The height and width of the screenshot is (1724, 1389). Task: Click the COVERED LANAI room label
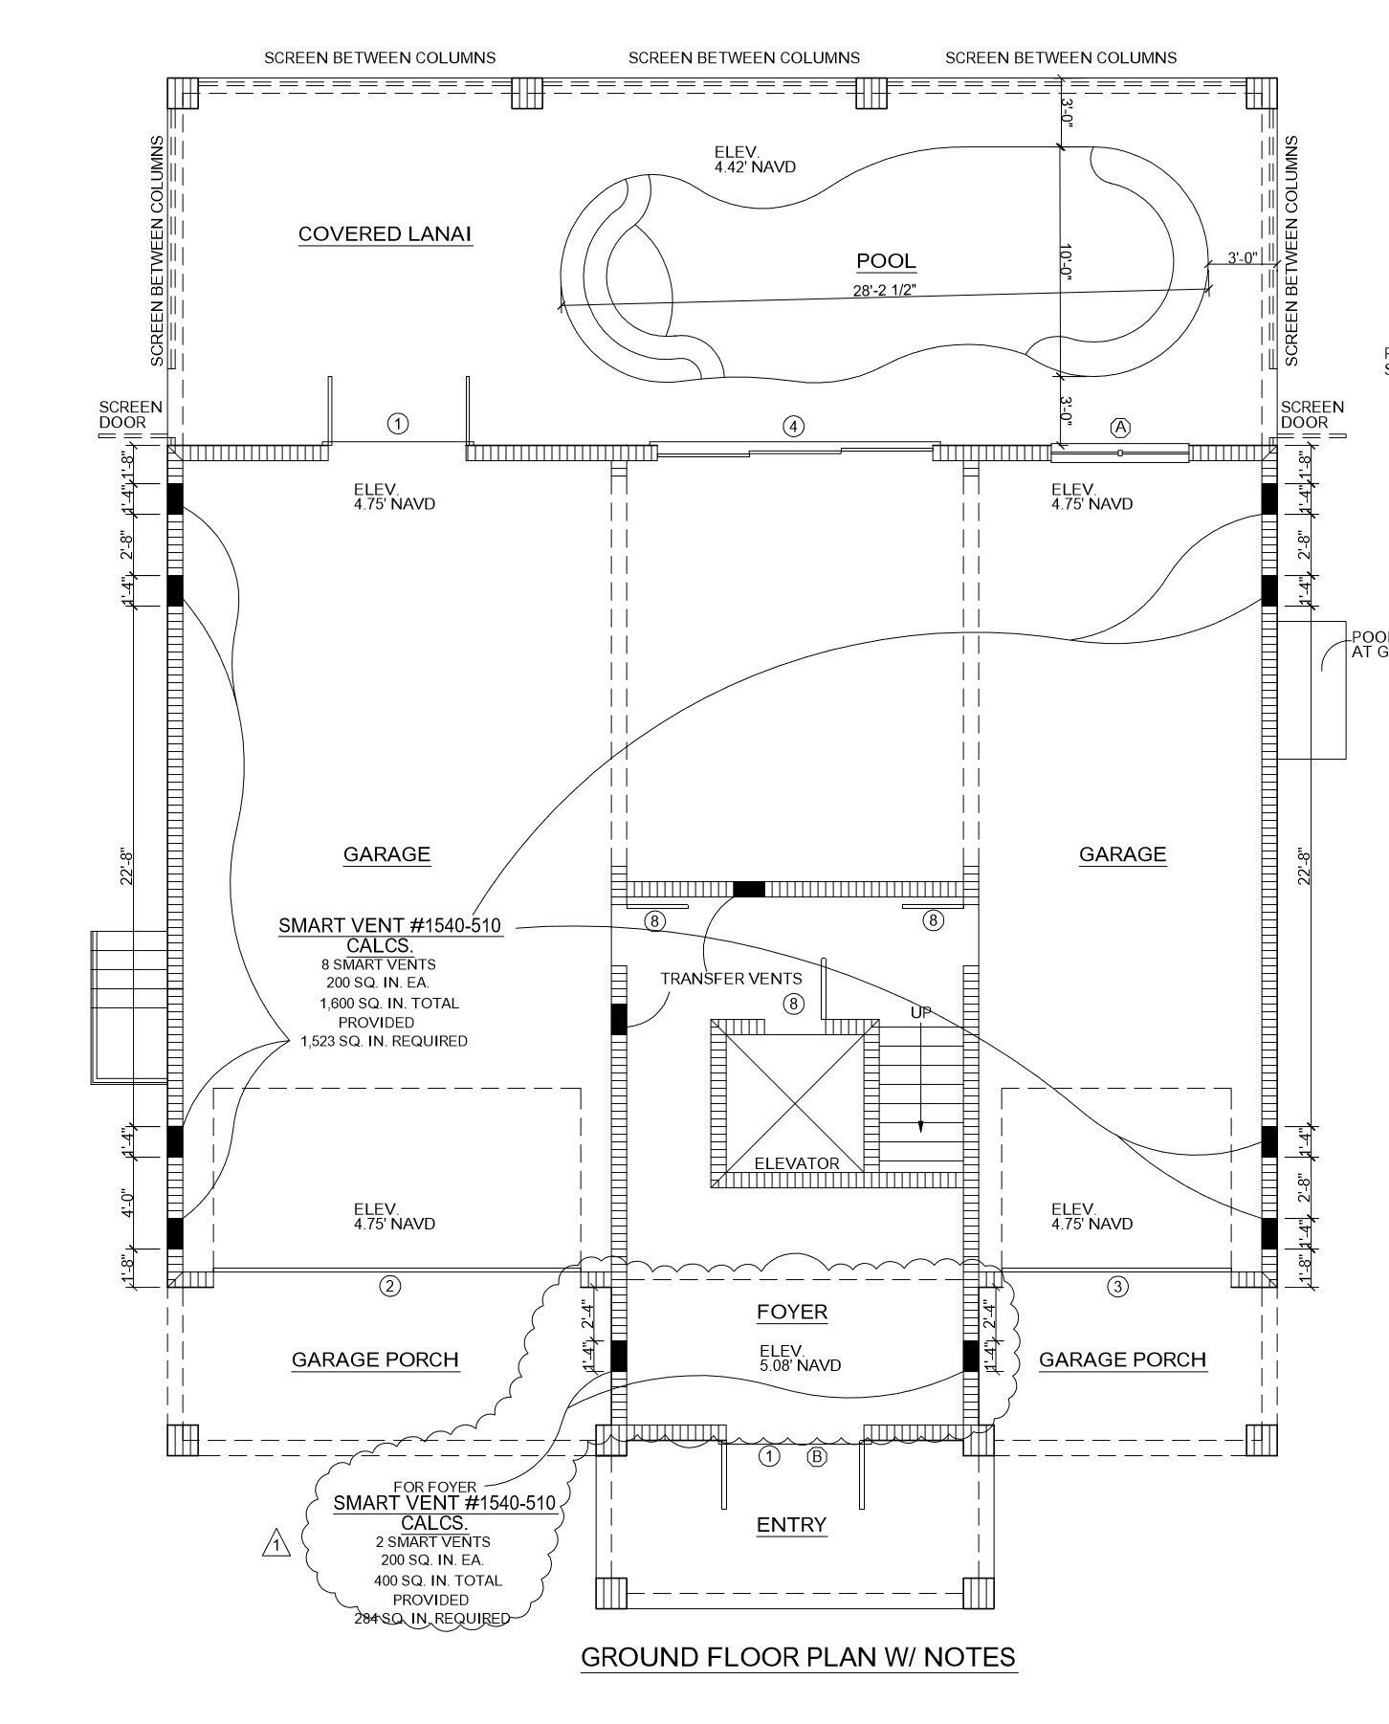(385, 234)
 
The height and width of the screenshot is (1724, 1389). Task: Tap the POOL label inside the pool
(886, 261)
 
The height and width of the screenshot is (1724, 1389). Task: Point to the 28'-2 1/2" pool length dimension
(884, 291)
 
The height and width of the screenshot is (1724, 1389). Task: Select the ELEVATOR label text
(796, 1163)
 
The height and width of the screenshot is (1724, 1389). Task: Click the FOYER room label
(792, 1312)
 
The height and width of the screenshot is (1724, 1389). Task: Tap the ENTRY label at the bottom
(791, 1525)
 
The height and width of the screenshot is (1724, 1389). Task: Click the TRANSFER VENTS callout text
(731, 979)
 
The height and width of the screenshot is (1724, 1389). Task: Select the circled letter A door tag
(1120, 428)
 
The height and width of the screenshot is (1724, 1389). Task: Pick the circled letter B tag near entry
(817, 1457)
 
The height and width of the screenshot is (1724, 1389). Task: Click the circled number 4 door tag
(793, 427)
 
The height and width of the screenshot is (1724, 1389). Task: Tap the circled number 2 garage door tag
(389, 1286)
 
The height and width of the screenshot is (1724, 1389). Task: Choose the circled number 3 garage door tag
(1117, 1287)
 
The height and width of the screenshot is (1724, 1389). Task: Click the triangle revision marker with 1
(276, 1544)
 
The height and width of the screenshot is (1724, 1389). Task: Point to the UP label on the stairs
(920, 1012)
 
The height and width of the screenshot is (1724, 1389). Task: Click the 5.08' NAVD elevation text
(800, 1366)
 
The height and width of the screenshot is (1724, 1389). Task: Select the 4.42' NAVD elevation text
(754, 167)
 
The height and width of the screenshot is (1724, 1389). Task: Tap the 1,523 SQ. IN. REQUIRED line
(384, 1041)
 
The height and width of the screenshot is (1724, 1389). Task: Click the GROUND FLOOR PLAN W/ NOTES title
(798, 1657)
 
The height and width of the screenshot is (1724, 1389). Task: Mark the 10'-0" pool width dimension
(1067, 261)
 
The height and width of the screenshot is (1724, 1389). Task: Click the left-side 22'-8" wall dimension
(126, 866)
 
